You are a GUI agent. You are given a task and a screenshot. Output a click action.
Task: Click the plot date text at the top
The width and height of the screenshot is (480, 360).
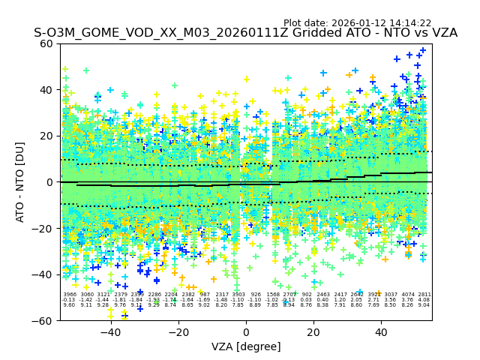click(x=357, y=23)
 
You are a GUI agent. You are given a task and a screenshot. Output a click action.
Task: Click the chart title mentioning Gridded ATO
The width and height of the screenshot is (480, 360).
click(x=245, y=34)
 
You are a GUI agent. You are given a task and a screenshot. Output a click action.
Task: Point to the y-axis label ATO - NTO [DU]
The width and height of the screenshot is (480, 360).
click(x=21, y=182)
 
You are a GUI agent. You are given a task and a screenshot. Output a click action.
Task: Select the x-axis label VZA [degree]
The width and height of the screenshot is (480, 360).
click(x=246, y=346)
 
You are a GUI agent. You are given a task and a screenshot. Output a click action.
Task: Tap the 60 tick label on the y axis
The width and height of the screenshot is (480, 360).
click(x=47, y=43)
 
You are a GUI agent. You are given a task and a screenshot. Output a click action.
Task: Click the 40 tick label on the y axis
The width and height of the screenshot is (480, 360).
click(x=47, y=90)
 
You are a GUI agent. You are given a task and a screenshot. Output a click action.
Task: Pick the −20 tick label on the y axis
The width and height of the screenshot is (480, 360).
click(x=44, y=229)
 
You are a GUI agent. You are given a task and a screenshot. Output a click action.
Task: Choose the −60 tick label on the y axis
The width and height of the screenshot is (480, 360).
click(x=44, y=321)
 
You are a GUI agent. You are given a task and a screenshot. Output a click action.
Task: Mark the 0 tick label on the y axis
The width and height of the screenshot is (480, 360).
click(x=50, y=182)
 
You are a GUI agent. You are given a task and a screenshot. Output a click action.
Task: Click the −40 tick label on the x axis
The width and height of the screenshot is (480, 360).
click(x=110, y=331)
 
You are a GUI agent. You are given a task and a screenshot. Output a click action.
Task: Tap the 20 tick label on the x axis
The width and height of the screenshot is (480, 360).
click(x=313, y=331)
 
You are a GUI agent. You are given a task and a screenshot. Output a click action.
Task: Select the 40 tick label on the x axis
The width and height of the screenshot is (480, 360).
click(x=381, y=331)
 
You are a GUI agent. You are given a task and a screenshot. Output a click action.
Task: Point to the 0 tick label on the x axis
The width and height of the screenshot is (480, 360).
click(x=246, y=331)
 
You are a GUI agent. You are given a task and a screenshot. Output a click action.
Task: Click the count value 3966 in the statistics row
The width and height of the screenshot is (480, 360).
click(x=70, y=295)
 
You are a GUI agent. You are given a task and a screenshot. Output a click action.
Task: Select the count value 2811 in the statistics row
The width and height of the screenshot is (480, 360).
click(x=424, y=295)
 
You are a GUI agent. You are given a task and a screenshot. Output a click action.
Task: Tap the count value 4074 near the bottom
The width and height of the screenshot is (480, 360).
click(x=408, y=295)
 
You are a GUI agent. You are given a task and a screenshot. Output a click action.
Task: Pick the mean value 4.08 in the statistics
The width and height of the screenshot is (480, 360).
click(x=424, y=300)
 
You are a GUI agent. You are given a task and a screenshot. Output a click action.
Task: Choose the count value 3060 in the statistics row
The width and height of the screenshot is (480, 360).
click(x=87, y=295)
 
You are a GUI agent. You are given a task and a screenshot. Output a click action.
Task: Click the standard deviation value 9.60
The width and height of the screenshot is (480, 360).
click(x=70, y=305)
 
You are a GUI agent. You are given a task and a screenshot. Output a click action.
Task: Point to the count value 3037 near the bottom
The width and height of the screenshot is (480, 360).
click(x=391, y=295)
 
